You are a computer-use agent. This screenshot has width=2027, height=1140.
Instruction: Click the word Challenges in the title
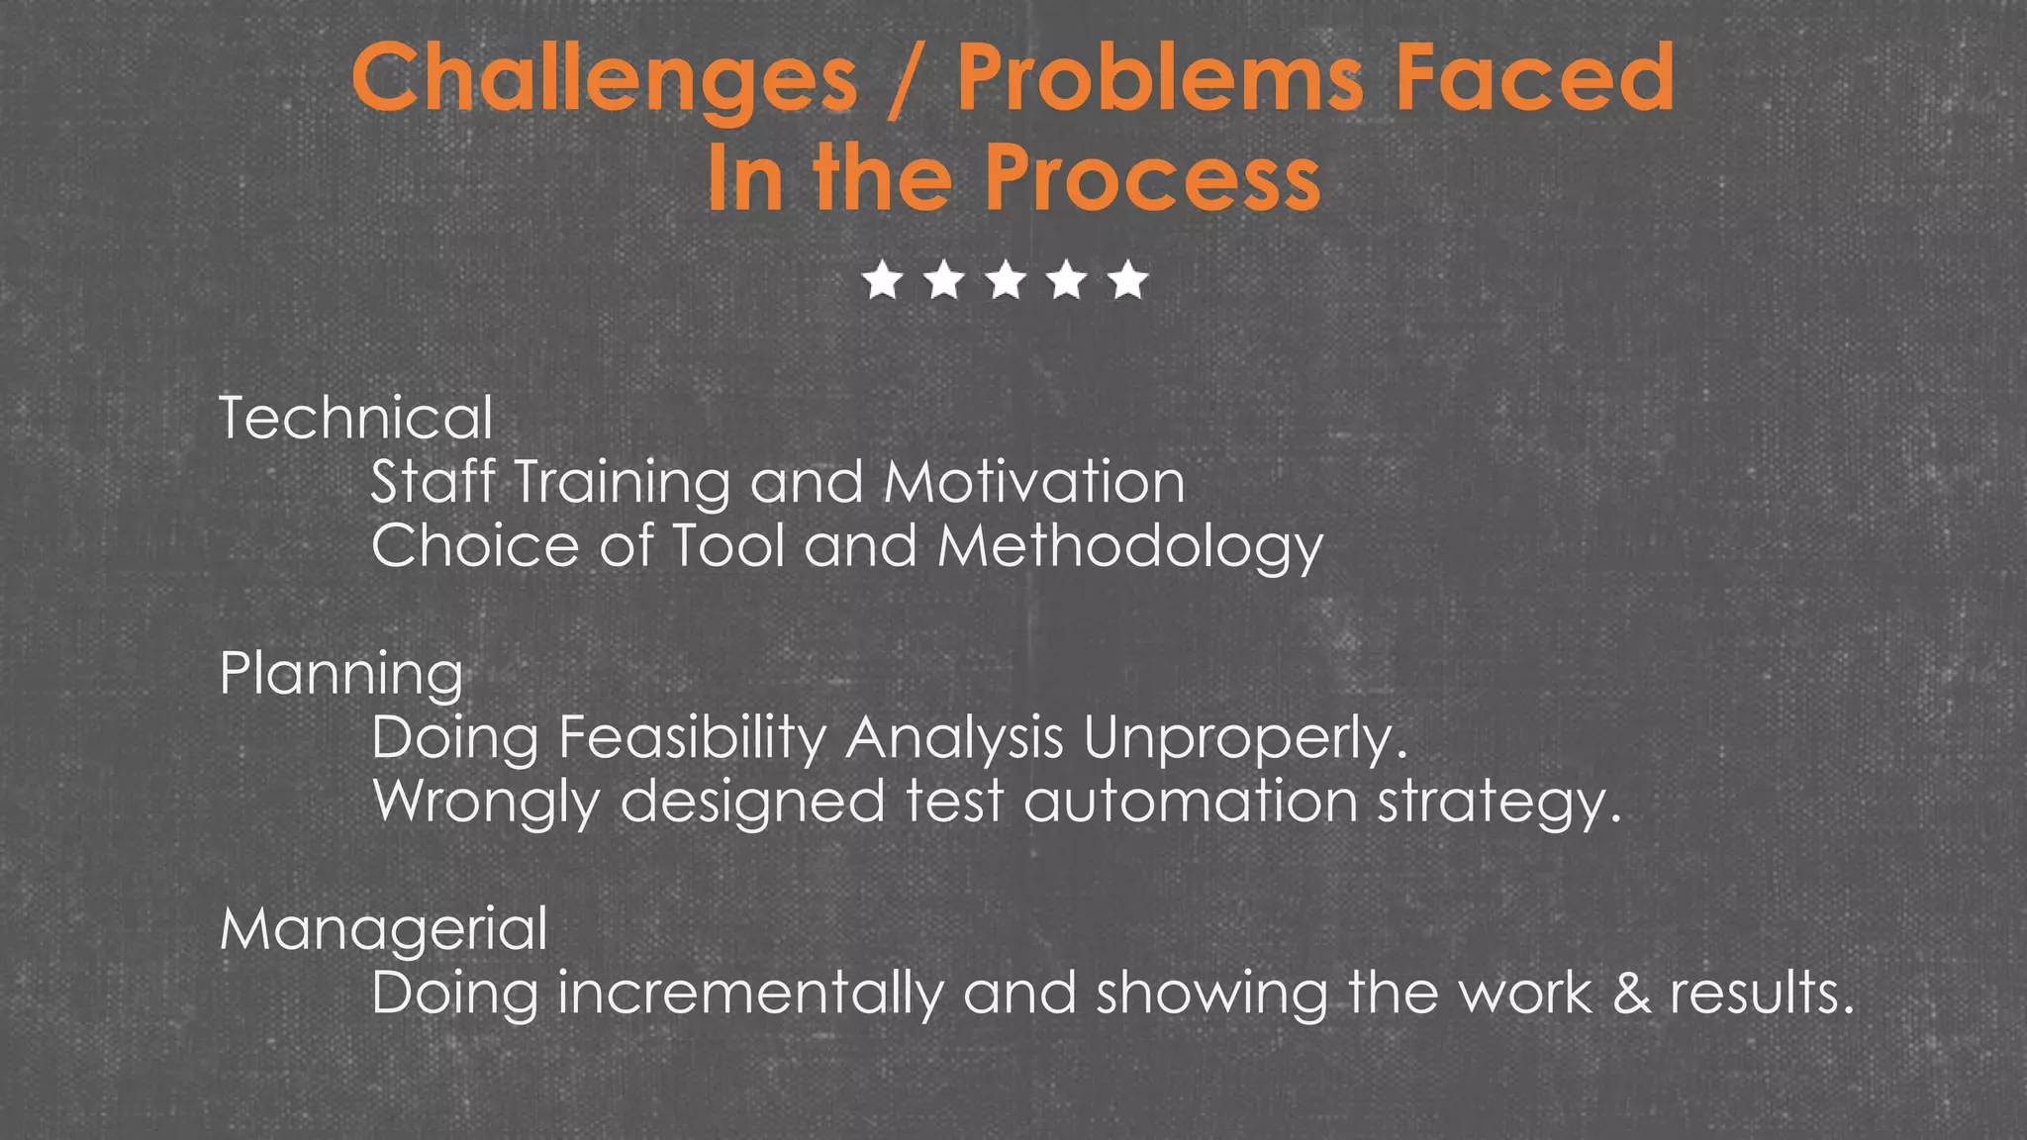tap(604, 79)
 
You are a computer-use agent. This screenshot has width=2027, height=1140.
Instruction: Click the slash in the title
tap(906, 79)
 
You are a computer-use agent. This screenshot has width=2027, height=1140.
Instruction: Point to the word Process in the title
tap(1152, 178)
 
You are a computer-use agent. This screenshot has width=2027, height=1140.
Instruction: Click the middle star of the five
tap(1006, 281)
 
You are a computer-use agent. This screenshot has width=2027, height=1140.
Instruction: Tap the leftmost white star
tap(883, 281)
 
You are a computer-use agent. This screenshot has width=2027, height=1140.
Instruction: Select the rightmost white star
tap(1128, 281)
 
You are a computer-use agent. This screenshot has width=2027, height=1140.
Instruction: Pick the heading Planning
tap(341, 675)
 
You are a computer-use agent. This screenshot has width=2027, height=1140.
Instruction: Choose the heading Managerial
tap(384, 931)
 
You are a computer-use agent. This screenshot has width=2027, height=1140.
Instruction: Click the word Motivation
tap(1034, 482)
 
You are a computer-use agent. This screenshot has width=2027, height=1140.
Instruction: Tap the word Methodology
tap(1129, 547)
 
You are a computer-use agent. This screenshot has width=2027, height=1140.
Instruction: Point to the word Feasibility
tap(693, 738)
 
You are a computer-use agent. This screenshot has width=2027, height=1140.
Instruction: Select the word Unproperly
tap(1245, 738)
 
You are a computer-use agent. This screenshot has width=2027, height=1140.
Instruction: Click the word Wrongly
tap(486, 802)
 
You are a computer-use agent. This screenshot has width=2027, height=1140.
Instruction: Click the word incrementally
tap(751, 994)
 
